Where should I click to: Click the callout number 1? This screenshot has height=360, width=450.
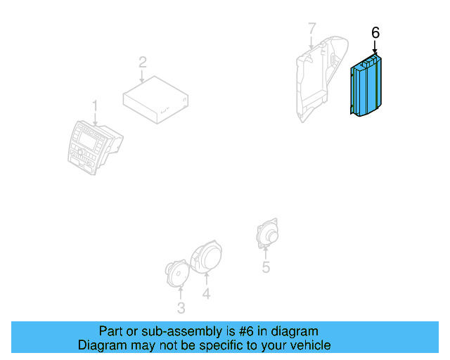pyautogui.click(x=96, y=106)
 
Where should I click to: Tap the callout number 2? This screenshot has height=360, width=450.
pyautogui.click(x=142, y=62)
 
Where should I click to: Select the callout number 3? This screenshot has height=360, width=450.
pyautogui.click(x=181, y=308)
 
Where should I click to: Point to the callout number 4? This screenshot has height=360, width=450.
pyautogui.click(x=206, y=295)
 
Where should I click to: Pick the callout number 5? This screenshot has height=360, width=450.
pyautogui.click(x=266, y=266)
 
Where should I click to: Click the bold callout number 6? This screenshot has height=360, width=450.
pyautogui.click(x=375, y=32)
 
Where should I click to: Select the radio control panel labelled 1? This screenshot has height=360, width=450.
pyautogui.click(x=91, y=146)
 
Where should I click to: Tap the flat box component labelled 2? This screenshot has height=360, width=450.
pyautogui.click(x=155, y=100)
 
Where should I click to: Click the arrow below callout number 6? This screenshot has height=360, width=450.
pyautogui.click(x=375, y=47)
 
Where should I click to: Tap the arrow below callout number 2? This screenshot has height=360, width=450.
pyautogui.click(x=143, y=76)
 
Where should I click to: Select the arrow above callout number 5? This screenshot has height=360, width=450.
pyautogui.click(x=266, y=252)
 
